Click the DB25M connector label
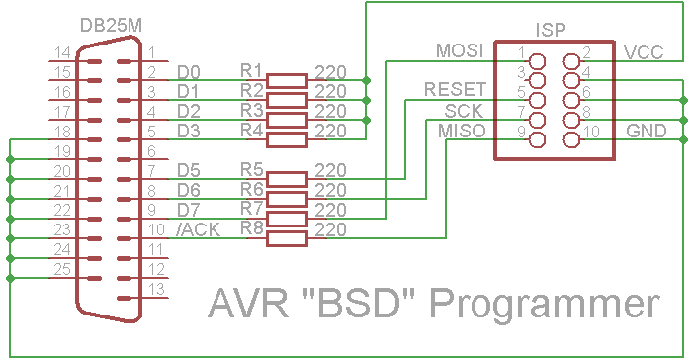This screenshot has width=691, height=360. click(111, 26)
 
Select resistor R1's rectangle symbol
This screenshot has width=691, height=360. click(288, 81)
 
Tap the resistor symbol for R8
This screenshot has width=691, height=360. click(288, 238)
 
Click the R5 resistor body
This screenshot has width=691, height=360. click(288, 179)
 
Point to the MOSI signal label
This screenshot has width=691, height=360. click(460, 50)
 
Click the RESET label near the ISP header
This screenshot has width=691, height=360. click(456, 89)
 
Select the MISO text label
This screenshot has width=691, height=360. click(462, 131)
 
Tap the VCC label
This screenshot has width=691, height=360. click(644, 52)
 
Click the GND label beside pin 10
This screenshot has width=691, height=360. click(647, 131)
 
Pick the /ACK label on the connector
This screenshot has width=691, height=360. click(198, 229)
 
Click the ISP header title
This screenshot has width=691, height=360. click(551, 30)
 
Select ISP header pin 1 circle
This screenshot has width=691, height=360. click(537, 61)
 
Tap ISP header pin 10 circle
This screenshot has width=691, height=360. click(571, 140)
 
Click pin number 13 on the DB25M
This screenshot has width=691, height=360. click(156, 289)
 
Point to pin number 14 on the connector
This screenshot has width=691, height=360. click(62, 52)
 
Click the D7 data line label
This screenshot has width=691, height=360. click(189, 210)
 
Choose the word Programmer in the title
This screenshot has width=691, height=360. click(545, 305)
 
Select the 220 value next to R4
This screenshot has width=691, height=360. click(330, 131)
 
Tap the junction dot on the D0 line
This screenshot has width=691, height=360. click(366, 80)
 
